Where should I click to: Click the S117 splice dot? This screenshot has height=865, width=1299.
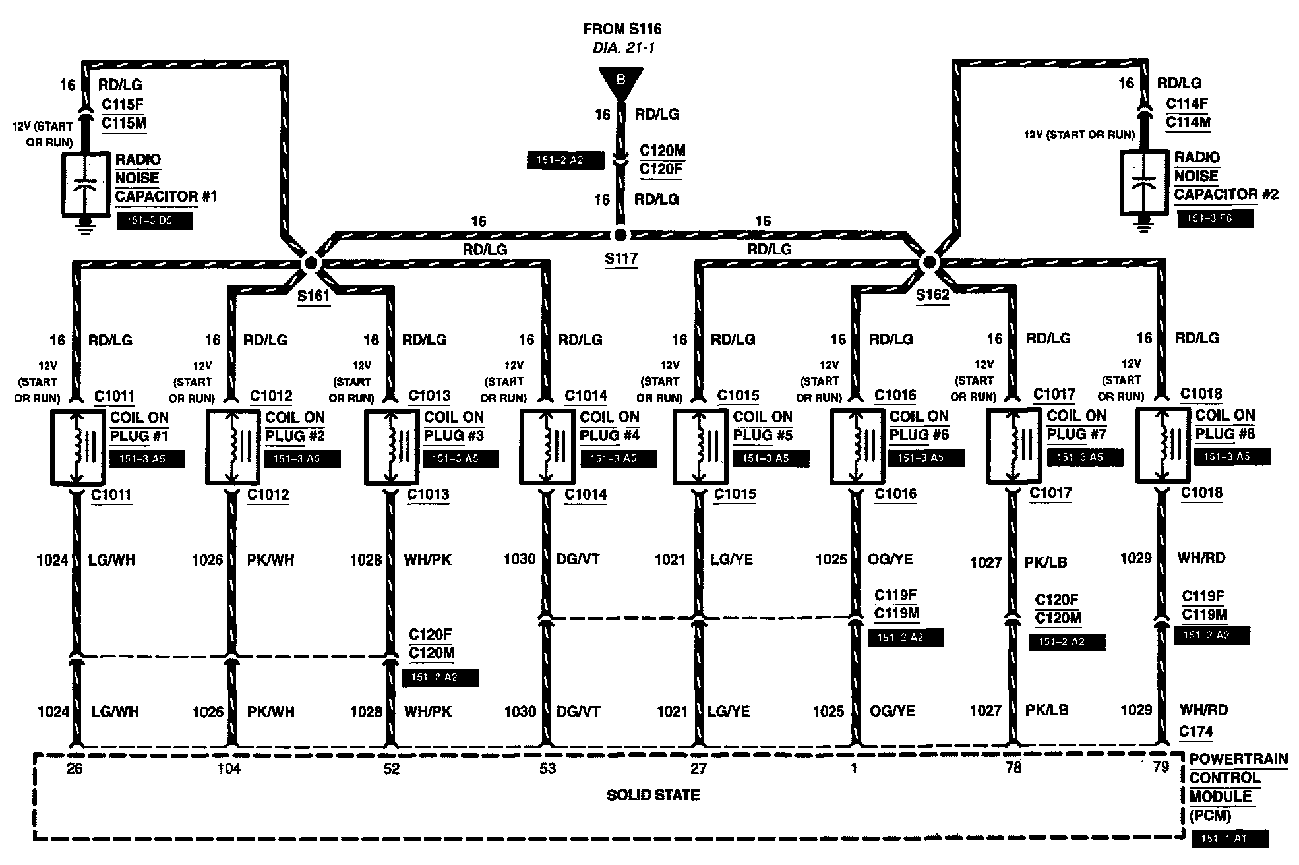click(619, 235)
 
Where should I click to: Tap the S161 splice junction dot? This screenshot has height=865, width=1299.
click(310, 262)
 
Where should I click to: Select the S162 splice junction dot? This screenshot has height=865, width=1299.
click(928, 262)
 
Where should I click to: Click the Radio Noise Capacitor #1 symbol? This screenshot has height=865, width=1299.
click(84, 185)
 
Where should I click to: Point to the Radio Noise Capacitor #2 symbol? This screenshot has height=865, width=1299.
click(1145, 182)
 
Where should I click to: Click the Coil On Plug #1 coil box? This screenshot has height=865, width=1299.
click(78, 447)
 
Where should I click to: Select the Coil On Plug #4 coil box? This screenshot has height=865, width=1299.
click(547, 446)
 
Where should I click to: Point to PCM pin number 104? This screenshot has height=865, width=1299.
click(229, 769)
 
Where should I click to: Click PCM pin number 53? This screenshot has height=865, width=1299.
click(547, 769)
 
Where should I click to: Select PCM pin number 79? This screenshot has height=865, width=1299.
click(1161, 767)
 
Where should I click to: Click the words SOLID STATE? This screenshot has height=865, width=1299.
click(653, 795)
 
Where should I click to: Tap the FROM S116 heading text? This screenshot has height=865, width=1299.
click(622, 29)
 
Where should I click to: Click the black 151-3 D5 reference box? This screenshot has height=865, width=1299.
click(154, 221)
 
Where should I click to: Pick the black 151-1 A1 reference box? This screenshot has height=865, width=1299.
click(1230, 838)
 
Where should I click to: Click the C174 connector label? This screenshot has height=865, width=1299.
click(1196, 732)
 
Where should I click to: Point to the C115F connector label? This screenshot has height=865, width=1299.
click(122, 104)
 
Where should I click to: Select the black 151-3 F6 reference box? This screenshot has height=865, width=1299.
click(1215, 218)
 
